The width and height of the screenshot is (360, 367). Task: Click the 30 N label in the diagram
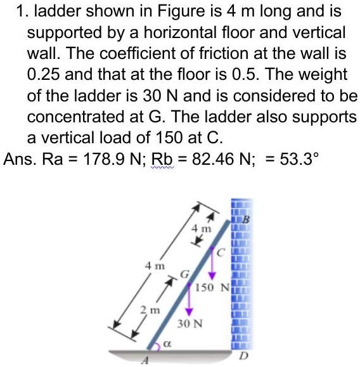click(190, 324)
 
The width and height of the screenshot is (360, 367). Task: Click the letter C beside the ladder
click(222, 254)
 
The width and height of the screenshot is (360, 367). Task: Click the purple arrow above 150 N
click(212, 263)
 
